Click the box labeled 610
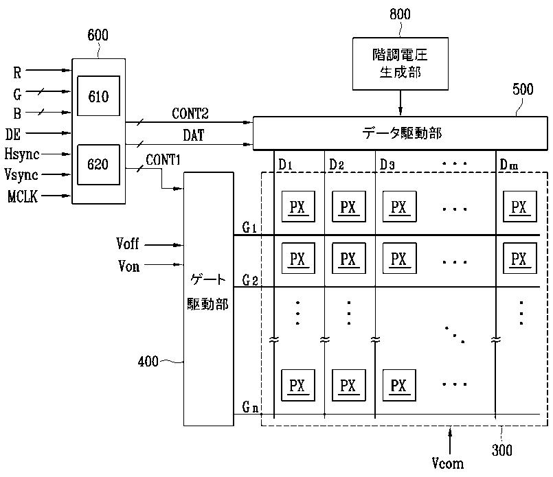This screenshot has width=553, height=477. pyautogui.click(x=98, y=96)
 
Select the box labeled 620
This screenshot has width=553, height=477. pyautogui.click(x=98, y=165)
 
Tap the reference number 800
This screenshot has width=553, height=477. pyautogui.click(x=400, y=14)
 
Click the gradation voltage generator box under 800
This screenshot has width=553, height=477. pyautogui.click(x=400, y=64)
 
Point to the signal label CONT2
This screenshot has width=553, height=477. pyautogui.click(x=190, y=113)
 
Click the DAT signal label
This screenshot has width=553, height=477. pyautogui.click(x=193, y=135)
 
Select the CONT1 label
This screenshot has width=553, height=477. pyautogui.click(x=163, y=160)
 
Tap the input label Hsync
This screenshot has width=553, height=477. pyautogui.click(x=22, y=154)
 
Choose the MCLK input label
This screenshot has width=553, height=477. pyautogui.click(x=23, y=196)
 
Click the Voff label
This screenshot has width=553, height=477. pyautogui.click(x=127, y=244)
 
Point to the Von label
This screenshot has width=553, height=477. pyautogui.click(x=128, y=266)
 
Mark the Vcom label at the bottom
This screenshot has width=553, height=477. pyautogui.click(x=448, y=463)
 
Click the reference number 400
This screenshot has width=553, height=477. pyautogui.click(x=148, y=362)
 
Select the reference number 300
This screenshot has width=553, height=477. pyautogui.click(x=502, y=450)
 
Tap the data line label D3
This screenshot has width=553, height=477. pyautogui.click(x=387, y=165)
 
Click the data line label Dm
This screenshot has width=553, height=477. pyautogui.click(x=509, y=165)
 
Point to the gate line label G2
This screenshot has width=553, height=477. pyautogui.click(x=250, y=280)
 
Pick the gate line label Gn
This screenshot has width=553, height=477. pyautogui.click(x=250, y=407)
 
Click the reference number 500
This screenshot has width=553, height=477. pyautogui.click(x=523, y=89)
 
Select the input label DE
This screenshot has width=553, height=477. pyautogui.click(x=12, y=135)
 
